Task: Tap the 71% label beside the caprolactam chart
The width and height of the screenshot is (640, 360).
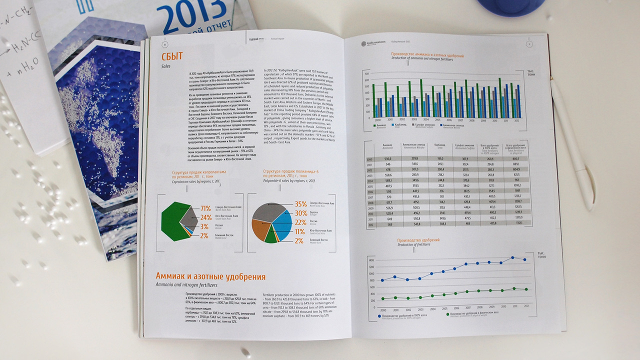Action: click(x=204, y=208)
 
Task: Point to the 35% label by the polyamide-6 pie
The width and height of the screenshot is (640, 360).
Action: click(x=300, y=204)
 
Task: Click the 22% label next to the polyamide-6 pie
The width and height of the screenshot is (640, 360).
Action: click(x=300, y=222)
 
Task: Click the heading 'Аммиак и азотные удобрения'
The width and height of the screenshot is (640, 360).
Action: click(x=210, y=276)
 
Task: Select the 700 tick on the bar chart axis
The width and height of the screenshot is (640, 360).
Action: click(x=366, y=73)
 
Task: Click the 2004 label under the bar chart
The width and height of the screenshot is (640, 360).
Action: click(x=426, y=120)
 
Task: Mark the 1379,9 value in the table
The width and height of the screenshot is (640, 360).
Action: click(x=519, y=218)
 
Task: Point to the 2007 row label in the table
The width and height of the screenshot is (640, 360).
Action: click(x=370, y=197)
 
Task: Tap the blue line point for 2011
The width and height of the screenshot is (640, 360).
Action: click(x=513, y=257)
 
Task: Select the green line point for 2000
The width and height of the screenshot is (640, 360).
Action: click(x=383, y=299)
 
